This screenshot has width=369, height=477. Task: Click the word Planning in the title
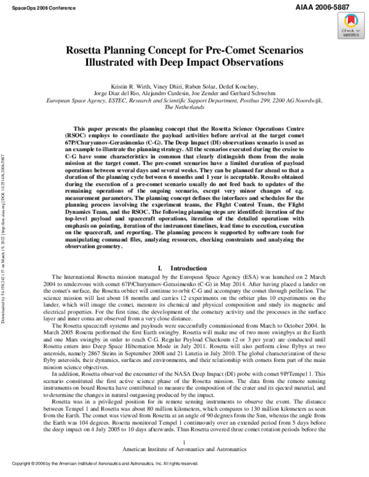tap(152, 51)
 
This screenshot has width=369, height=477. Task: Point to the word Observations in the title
tap(247, 63)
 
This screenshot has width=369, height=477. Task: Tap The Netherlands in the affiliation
tap(184, 106)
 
